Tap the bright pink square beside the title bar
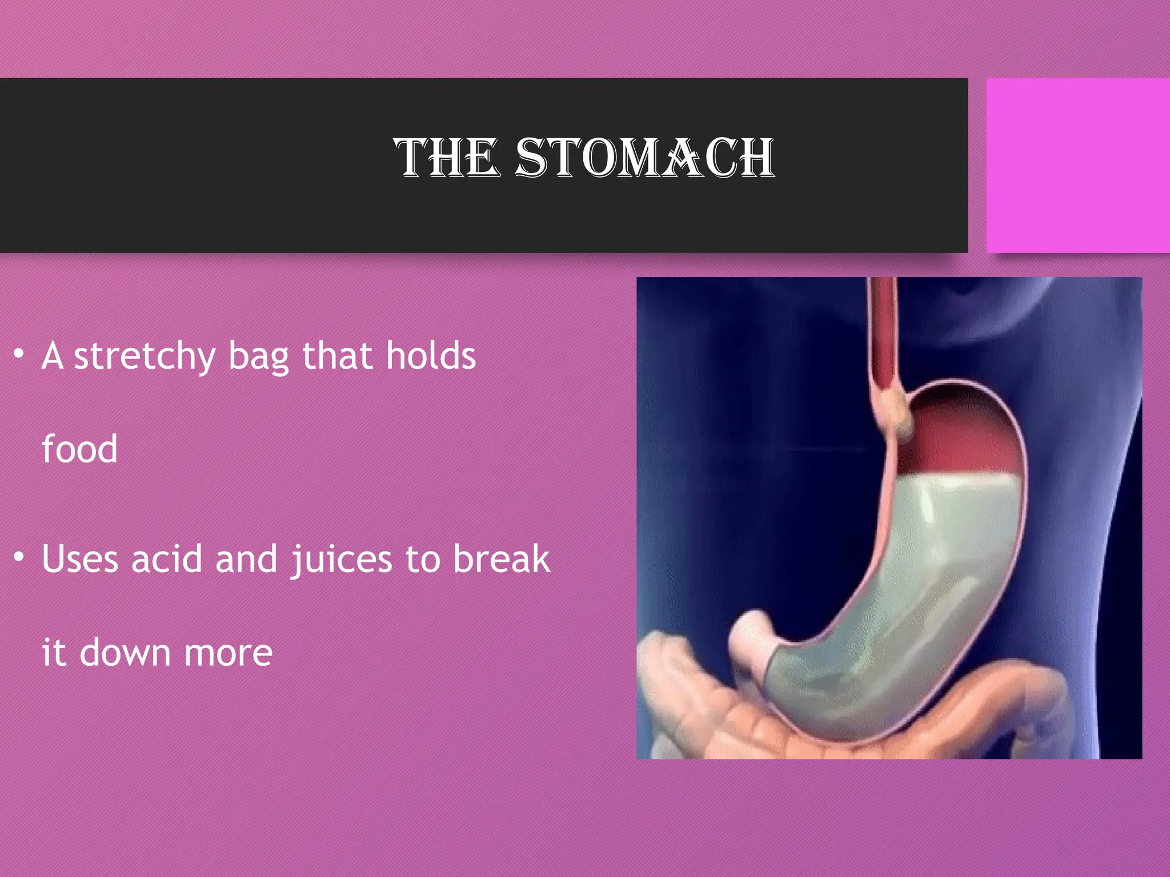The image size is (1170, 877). (1077, 166)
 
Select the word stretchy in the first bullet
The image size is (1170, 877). (145, 357)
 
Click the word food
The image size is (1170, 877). (80, 449)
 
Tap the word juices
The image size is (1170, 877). (342, 560)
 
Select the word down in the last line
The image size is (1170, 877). (125, 652)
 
